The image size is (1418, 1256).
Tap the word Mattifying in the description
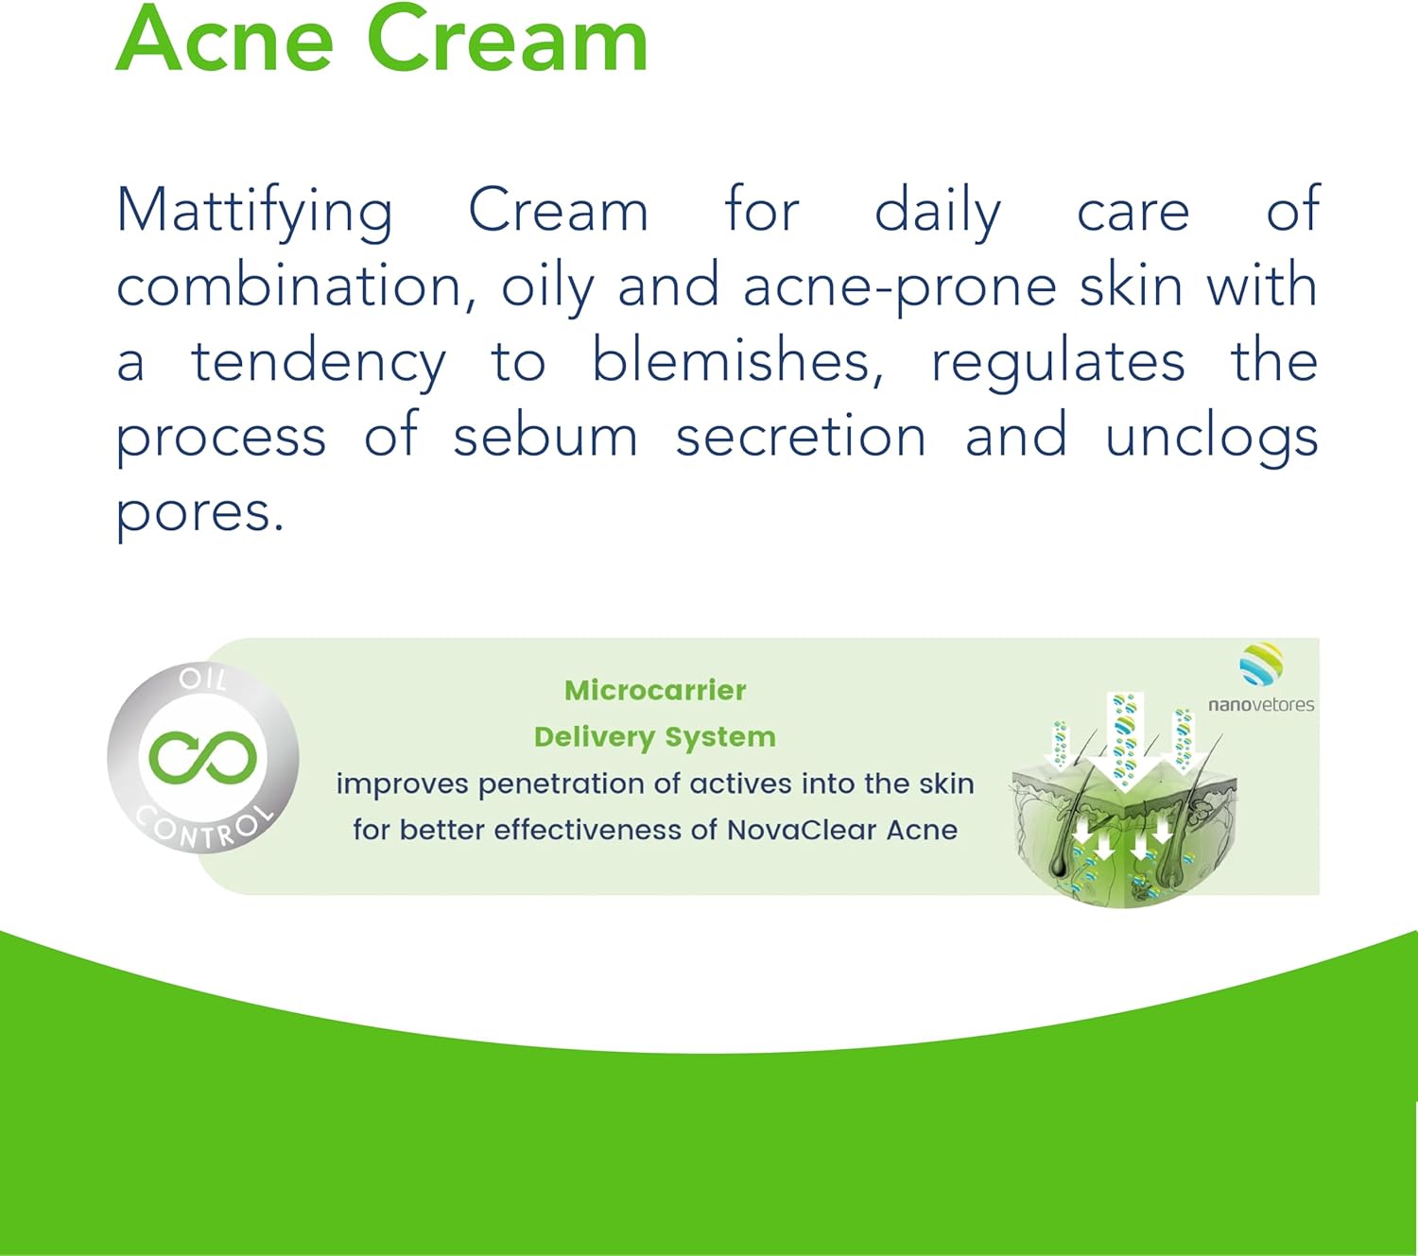[254, 213]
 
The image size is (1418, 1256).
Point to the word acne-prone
[899, 288]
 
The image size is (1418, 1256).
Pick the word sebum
[545, 436]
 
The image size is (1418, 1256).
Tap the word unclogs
[1212, 438]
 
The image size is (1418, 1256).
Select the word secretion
[801, 438]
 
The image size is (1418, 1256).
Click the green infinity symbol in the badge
[203, 758]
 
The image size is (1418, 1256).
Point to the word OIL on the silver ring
[203, 680]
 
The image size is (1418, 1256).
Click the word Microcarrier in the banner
[655, 691]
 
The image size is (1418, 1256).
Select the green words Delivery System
[655, 737]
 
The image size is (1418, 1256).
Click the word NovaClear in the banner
[802, 830]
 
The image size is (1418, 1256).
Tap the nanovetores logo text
[1261, 705]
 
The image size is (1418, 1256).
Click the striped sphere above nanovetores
[1261, 664]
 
